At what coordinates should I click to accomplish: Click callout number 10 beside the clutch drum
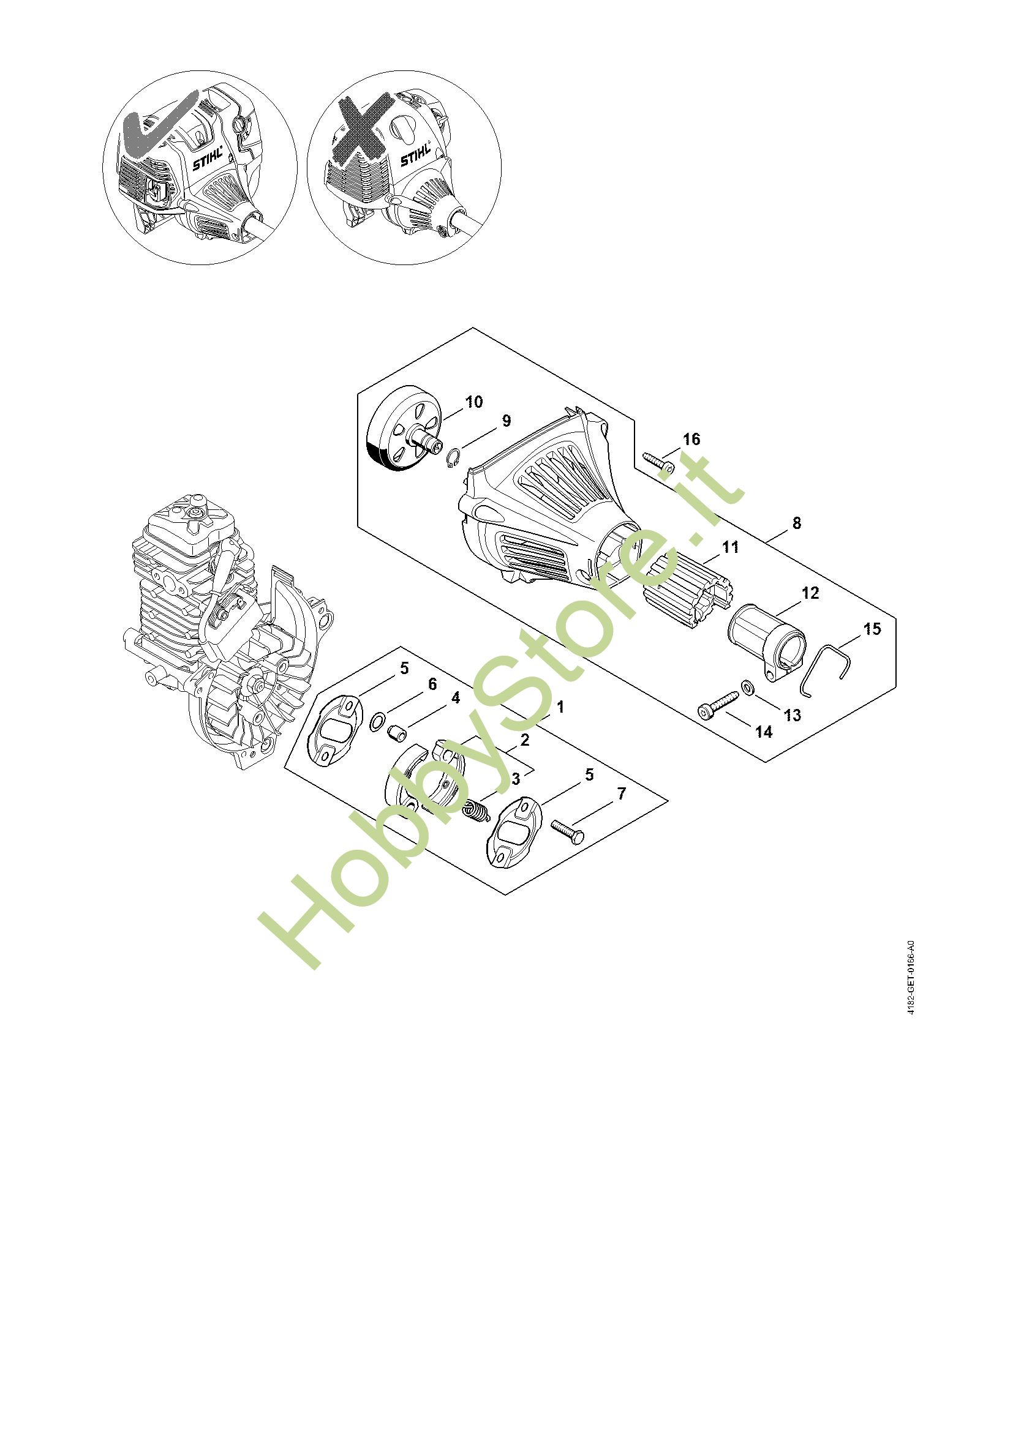(x=474, y=402)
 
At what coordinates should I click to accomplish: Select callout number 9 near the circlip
(x=506, y=421)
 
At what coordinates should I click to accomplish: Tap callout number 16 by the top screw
(x=691, y=439)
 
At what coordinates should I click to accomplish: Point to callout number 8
(x=797, y=523)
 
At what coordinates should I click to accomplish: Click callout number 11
(x=730, y=547)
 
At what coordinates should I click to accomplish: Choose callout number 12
(x=810, y=593)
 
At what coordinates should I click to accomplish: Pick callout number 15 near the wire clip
(x=872, y=629)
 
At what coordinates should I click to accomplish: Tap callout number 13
(x=792, y=714)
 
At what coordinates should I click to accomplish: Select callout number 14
(x=764, y=732)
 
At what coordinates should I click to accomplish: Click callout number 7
(x=620, y=793)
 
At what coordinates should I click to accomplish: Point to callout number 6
(x=432, y=685)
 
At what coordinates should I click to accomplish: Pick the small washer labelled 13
(x=747, y=688)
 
